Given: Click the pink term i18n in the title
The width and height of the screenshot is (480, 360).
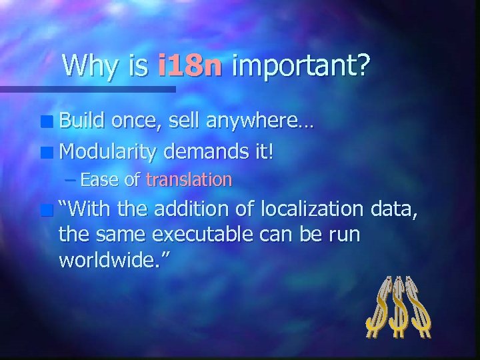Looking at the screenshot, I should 190,66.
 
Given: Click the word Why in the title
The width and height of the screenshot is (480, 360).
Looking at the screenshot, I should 87,67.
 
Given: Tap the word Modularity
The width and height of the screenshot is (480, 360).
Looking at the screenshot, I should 108,153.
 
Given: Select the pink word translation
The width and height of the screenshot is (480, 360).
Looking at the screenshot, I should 189,179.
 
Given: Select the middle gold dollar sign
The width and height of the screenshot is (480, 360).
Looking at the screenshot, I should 399,307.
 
